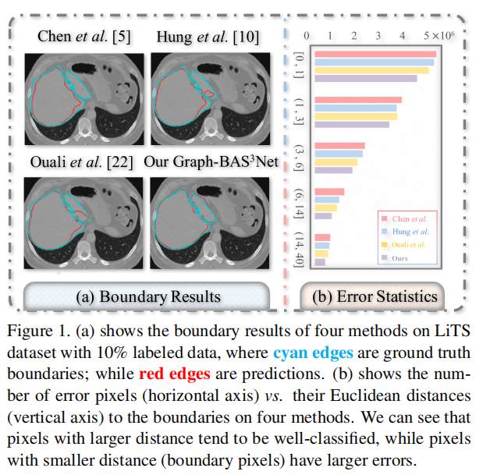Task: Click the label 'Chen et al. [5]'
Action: (83, 37)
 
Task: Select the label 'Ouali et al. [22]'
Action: (83, 162)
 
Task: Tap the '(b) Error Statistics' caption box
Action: (375, 296)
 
